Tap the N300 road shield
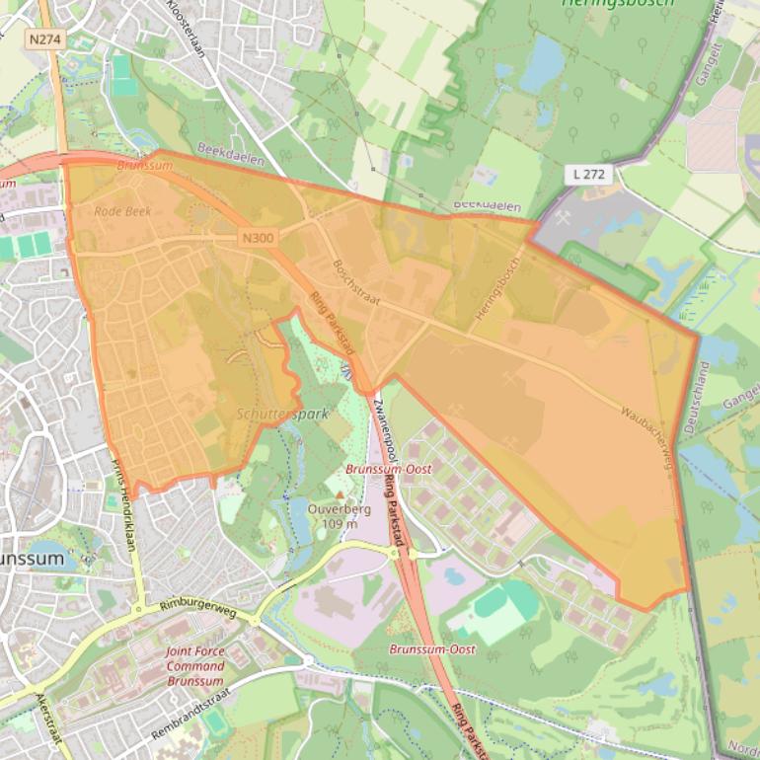coord(259,238)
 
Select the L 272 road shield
coord(592,175)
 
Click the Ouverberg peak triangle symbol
coord(341,494)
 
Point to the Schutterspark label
coord(282,415)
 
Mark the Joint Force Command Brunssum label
coord(195,666)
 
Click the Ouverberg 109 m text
coord(339,516)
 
